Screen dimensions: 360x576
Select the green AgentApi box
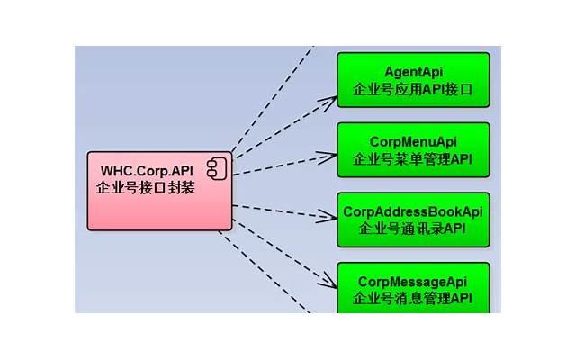413,80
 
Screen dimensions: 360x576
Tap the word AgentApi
413,72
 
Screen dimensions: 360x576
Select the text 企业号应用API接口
413,90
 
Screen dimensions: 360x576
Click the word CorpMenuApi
413,142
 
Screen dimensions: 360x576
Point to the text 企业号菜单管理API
413,160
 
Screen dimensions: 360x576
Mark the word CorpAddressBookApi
413,211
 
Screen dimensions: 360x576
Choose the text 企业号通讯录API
413,229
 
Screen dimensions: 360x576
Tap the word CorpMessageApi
413,281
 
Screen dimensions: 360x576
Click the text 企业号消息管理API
413,298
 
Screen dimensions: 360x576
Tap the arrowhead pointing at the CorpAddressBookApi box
329,216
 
